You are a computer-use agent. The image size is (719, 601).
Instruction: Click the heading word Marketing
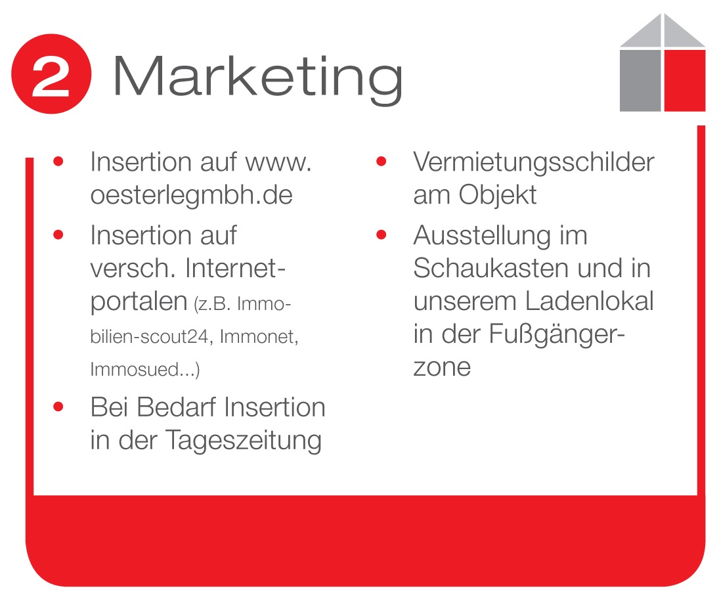[x=257, y=78]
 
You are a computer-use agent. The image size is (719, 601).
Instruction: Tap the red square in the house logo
[x=684, y=80]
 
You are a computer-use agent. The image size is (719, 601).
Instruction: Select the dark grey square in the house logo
[x=640, y=80]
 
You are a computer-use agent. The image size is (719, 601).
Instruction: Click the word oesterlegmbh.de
[x=191, y=195]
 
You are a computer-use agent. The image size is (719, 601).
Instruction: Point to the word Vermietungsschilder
[x=534, y=162]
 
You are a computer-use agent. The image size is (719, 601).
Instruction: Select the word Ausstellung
[x=483, y=236]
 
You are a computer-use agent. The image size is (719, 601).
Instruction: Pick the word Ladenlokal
[x=589, y=301]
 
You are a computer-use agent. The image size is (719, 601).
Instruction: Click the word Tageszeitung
[x=243, y=441]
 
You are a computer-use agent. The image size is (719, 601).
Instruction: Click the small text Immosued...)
[x=145, y=370]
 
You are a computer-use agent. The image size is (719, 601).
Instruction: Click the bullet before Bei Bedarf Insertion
[x=58, y=407]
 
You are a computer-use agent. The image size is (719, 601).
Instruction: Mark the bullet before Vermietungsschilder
[x=381, y=162]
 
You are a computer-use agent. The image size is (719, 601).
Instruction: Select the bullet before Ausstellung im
[x=381, y=235]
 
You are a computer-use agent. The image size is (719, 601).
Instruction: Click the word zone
[x=442, y=368]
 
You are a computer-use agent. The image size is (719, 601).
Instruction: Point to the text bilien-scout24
[x=150, y=337]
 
